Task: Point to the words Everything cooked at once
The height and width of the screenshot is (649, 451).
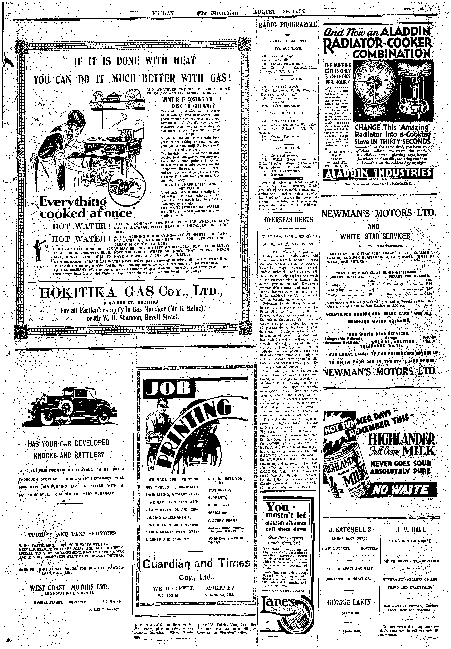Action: point(85,208)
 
